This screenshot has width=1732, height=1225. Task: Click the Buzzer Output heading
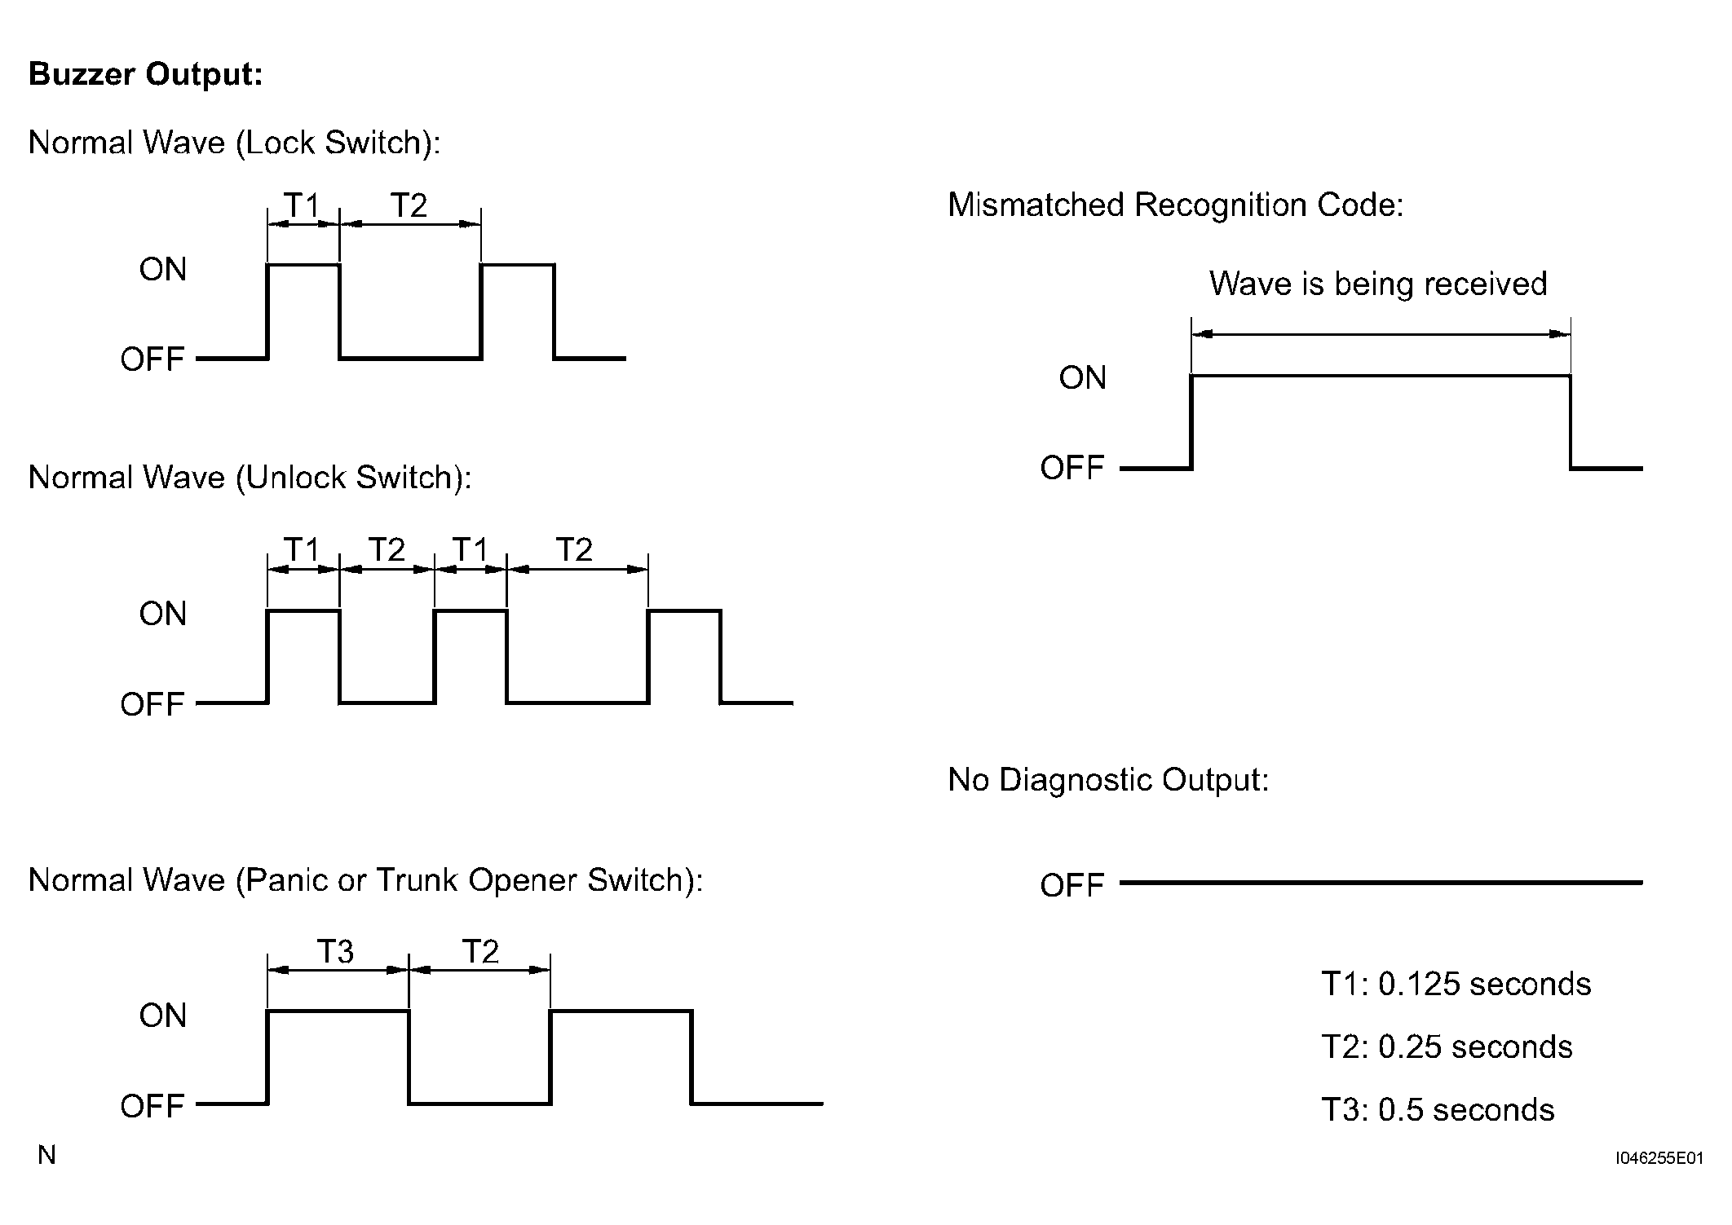point(146,74)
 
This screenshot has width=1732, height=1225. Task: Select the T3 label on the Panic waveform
point(335,951)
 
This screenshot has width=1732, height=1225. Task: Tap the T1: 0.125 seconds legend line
point(1456,984)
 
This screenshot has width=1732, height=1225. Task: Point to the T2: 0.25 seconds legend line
point(1447,1047)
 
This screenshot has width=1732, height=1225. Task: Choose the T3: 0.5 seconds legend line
point(1438,1109)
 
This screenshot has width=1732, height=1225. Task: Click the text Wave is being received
point(1378,284)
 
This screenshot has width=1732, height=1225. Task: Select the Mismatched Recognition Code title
point(1176,205)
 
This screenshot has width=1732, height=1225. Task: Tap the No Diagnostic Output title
point(1108,780)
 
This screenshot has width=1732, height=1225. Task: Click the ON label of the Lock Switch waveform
point(163,269)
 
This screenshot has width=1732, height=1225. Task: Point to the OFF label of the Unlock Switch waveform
point(152,704)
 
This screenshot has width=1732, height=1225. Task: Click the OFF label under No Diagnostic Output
point(1072,885)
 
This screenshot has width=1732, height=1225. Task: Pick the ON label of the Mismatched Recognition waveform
point(1083,377)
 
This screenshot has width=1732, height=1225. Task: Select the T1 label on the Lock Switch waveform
point(303,205)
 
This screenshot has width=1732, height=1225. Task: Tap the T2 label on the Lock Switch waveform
point(409,205)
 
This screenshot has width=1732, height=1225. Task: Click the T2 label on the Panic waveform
point(480,951)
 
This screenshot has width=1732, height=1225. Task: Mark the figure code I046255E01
point(1659,1158)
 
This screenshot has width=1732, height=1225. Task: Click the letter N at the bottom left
point(47,1155)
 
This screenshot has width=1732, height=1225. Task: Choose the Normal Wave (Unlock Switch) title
point(250,478)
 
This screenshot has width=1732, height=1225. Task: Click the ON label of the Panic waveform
point(163,1016)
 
